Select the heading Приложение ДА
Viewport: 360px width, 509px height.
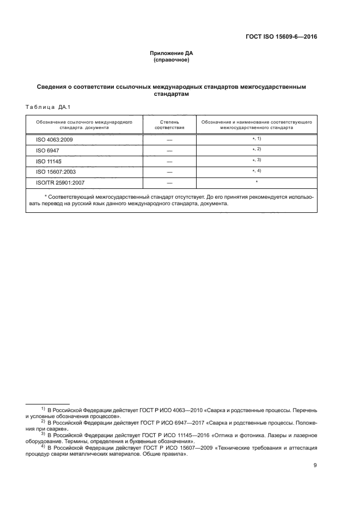tap(172, 53)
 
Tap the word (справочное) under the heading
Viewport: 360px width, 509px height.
tap(172, 60)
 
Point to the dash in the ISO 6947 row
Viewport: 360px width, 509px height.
tap(169, 150)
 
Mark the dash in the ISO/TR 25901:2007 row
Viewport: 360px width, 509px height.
tap(169, 182)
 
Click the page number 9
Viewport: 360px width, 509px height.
tap(315, 465)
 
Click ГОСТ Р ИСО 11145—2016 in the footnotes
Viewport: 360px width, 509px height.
tap(155, 435)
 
